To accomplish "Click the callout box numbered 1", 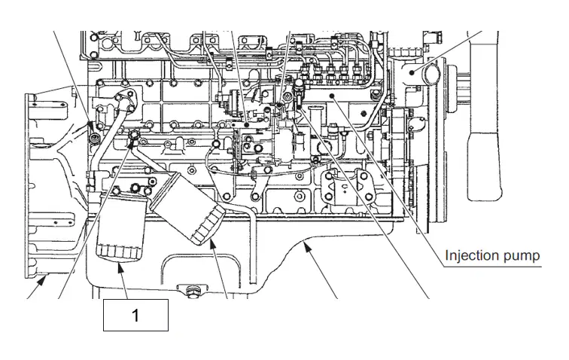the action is pos(135,315).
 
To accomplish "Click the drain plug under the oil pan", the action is pos(192,291).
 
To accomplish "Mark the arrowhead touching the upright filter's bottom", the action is pos(120,268).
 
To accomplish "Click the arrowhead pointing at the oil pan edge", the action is pos(307,248).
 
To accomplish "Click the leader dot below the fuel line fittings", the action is pos(331,95).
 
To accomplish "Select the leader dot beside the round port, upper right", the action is pos(412,72).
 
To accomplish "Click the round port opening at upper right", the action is pos(431,75).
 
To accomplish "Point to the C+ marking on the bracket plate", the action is pos(345,188).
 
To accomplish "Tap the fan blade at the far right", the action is pos(485,116).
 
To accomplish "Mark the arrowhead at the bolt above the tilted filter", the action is pos(132,143).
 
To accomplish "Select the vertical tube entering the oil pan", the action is pos(251,247).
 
